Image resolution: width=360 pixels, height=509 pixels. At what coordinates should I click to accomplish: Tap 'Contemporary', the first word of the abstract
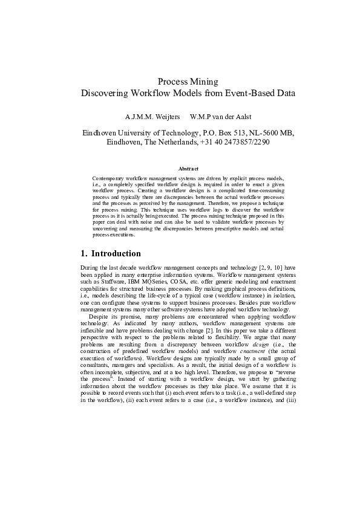coord(109,179)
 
